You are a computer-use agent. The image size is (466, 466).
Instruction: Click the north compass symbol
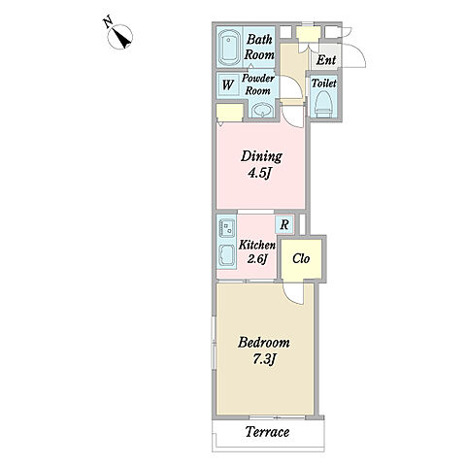point(119,37)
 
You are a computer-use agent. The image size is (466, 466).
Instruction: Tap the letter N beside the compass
point(108,23)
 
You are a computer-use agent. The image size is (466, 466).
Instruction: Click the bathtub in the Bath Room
point(229,48)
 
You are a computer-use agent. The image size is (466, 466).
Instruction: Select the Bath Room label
point(259,48)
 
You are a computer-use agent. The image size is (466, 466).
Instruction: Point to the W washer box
point(228,84)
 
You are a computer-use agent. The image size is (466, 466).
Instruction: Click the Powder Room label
point(258,84)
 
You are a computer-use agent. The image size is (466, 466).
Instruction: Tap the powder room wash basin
point(262,111)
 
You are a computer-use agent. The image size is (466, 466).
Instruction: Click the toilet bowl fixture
point(323,104)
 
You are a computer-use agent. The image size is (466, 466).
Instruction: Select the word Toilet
point(324,83)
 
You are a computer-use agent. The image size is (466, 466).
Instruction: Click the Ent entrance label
point(326,60)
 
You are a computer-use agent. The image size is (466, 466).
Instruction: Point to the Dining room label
point(261,156)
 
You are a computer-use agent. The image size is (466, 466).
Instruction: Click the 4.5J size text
point(259,173)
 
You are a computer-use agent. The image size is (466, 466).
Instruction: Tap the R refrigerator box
point(284,224)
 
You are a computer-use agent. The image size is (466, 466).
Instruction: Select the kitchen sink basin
point(227,255)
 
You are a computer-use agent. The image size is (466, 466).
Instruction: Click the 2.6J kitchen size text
point(257,259)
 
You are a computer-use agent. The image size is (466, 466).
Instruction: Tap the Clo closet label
point(301,258)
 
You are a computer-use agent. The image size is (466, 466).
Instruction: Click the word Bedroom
point(264,343)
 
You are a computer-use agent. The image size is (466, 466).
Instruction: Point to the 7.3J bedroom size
point(264,360)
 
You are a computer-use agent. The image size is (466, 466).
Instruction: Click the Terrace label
point(267,432)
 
